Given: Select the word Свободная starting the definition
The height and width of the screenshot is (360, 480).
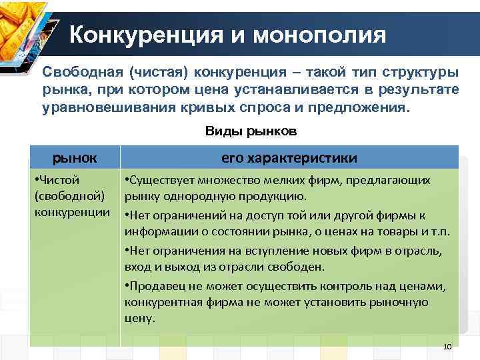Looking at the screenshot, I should [x=84, y=72].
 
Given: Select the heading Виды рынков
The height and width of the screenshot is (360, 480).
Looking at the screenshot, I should [x=251, y=131].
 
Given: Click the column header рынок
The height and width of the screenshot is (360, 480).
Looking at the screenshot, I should [x=75, y=157].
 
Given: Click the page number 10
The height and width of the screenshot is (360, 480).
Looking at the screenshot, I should [x=447, y=347].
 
